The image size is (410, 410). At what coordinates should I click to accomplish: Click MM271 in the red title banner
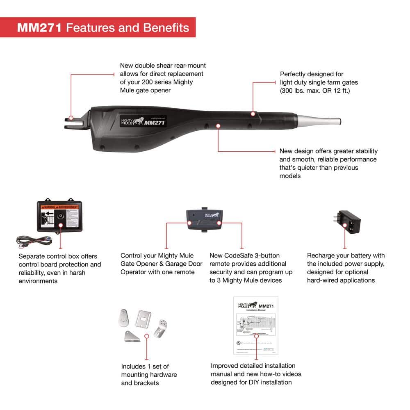pyautogui.click(x=39, y=27)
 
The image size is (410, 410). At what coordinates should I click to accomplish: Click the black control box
pyautogui.click(x=58, y=216)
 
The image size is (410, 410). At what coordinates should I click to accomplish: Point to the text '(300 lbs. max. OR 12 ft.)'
pyautogui.click(x=314, y=91)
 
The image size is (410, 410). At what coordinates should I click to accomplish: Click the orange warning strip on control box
pyautogui.click(x=58, y=207)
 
